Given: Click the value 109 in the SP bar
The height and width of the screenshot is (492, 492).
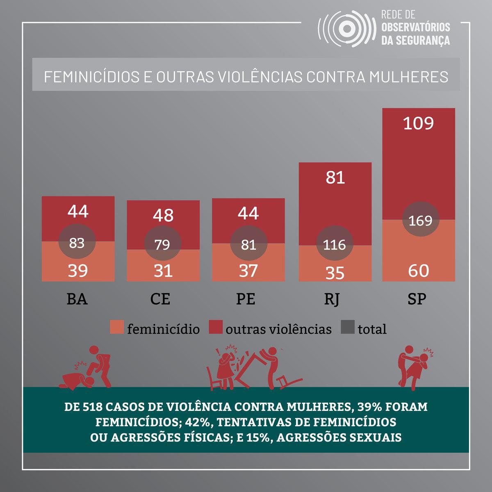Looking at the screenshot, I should (418, 123).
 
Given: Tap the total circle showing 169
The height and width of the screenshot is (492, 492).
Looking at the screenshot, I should (421, 221).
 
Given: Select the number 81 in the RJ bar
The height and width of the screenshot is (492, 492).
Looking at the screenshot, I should (335, 178).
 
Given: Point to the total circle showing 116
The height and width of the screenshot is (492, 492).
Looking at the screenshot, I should (335, 245).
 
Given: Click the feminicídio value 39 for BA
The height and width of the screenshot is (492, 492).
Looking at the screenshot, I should (78, 271).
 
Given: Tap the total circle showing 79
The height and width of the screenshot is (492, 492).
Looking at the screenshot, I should (163, 245).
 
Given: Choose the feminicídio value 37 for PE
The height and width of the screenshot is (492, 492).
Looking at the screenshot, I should (248, 271).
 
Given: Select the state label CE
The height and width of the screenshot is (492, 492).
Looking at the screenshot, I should (160, 300).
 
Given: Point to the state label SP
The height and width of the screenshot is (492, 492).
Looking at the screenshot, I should (417, 300).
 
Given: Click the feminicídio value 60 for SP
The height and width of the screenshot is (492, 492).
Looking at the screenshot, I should (419, 271).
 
